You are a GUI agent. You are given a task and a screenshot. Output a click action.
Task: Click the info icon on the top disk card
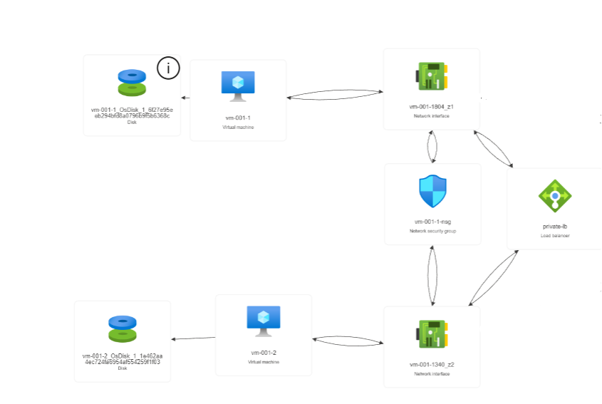tap(168, 68)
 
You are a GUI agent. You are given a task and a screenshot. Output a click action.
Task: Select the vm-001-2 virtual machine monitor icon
tap(264, 321)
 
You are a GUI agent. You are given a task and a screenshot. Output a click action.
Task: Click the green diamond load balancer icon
tap(555, 195)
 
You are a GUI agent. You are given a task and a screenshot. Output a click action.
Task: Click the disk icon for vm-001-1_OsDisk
tap(132, 82)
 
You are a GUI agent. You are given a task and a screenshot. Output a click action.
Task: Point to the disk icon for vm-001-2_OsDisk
tap(123, 329)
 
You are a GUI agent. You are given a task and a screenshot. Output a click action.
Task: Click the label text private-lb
tap(554, 227)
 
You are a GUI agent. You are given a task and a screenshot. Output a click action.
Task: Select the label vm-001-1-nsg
tap(432, 222)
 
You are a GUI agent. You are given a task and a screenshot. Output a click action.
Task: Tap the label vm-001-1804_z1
tap(432, 106)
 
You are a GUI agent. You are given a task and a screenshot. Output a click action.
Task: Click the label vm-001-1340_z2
tap(432, 364)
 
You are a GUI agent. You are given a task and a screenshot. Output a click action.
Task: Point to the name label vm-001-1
tap(238, 117)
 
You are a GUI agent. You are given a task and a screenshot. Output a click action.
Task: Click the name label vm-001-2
tap(264, 353)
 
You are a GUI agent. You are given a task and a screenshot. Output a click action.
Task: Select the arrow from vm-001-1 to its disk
tap(185, 98)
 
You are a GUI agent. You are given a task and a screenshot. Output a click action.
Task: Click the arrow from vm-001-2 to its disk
tap(193, 338)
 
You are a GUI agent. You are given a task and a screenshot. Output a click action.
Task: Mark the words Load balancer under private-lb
tap(554, 235)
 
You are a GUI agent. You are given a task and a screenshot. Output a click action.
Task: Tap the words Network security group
tap(432, 232)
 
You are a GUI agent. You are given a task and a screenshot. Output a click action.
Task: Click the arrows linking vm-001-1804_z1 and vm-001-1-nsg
tap(432, 147)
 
